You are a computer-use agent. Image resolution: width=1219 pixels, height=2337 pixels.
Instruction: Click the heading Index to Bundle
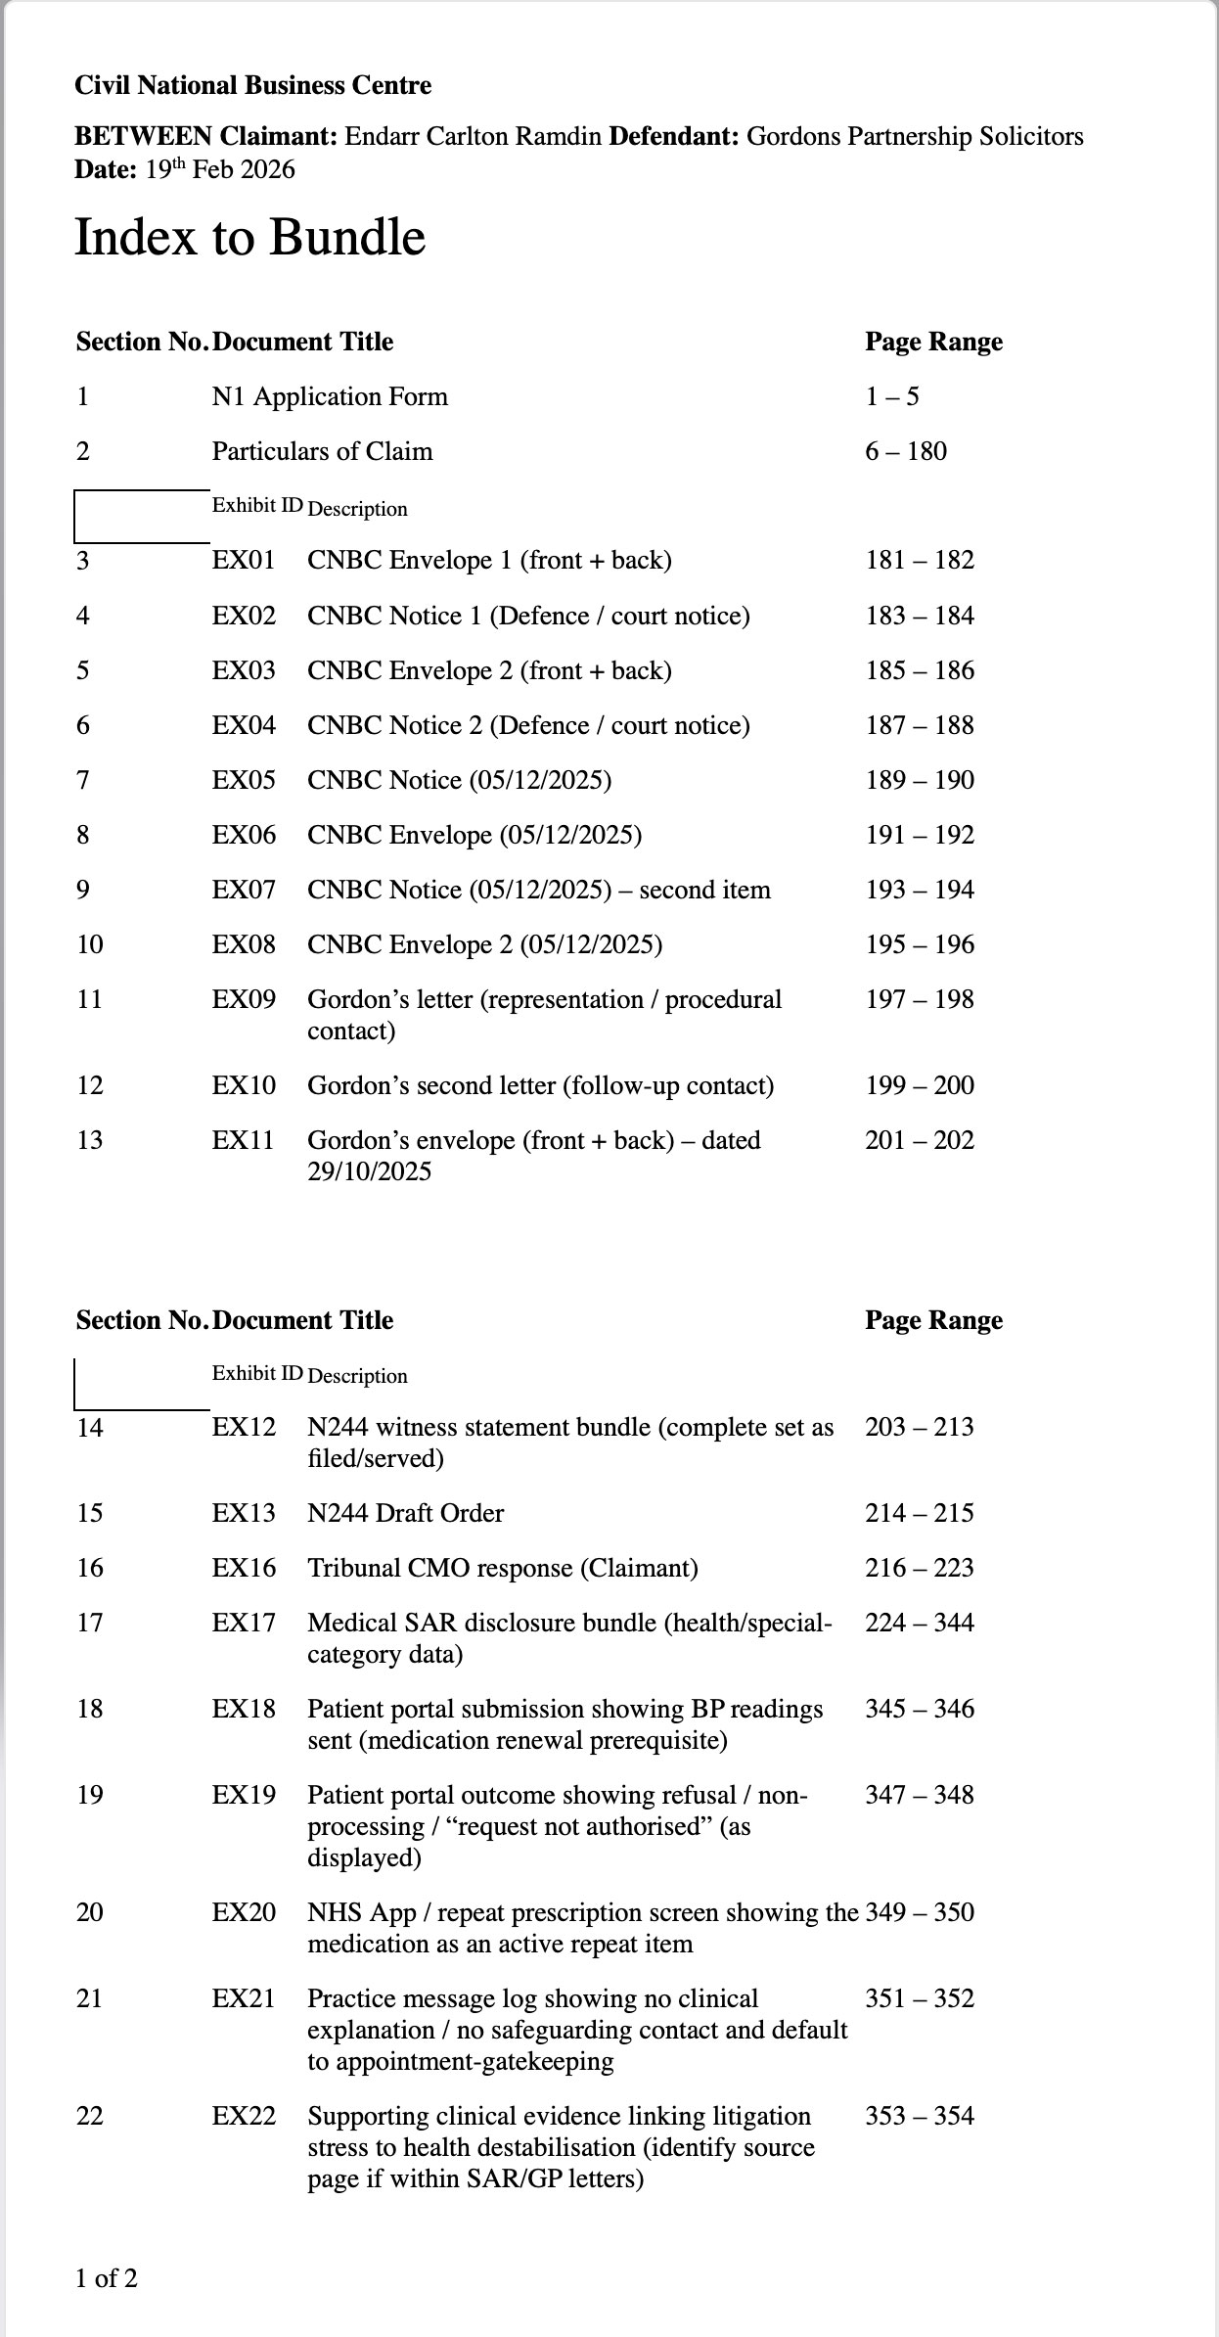[x=250, y=238]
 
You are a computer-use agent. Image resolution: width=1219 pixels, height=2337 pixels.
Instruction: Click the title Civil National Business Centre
[x=252, y=86]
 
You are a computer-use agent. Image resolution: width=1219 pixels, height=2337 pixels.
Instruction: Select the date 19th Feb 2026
[x=220, y=170]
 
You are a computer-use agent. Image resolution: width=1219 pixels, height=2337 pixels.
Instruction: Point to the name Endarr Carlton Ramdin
[x=474, y=136]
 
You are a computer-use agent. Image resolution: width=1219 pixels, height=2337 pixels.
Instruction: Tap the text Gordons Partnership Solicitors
[x=915, y=136]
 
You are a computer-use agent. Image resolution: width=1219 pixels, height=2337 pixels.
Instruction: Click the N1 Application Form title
[x=330, y=396]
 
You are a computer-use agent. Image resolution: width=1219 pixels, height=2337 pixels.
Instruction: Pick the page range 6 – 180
[x=906, y=451]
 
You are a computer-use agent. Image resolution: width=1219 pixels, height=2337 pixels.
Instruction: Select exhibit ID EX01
[x=244, y=561]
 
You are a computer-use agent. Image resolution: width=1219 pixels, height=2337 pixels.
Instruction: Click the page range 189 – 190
[x=920, y=780]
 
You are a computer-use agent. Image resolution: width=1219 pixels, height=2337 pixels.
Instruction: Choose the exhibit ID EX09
[x=244, y=999]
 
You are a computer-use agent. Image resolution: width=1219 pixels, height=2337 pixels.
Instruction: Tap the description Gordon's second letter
[x=540, y=1085]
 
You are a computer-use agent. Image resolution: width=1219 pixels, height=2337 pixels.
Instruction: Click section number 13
[x=89, y=1140]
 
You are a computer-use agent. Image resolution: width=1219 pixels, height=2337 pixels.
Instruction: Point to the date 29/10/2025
[x=369, y=1171]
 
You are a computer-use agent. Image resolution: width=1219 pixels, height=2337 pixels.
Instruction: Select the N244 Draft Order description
[x=406, y=1513]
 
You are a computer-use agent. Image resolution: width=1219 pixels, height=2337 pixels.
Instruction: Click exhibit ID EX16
[x=244, y=1568]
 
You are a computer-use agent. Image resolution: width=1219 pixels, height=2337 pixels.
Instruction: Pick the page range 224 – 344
[x=920, y=1623]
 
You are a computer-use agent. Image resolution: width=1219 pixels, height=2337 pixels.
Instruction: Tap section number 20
[x=89, y=1912]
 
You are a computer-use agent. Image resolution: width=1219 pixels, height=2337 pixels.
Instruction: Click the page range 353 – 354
[x=920, y=2116]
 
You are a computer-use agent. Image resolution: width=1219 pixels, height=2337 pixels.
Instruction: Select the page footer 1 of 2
[x=107, y=2278]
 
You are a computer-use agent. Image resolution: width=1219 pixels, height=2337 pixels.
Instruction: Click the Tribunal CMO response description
[x=503, y=1568]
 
